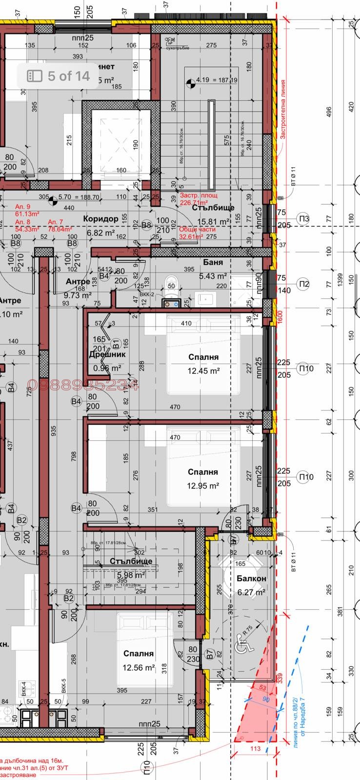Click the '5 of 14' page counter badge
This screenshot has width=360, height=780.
tap(59, 76)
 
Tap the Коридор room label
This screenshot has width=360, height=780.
tap(100, 219)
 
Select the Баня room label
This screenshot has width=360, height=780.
tap(213, 262)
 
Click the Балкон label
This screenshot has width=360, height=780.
tap(251, 579)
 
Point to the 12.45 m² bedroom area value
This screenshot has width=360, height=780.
tap(203, 370)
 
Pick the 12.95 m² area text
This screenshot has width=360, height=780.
tap(202, 486)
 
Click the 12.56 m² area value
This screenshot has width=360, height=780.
tap(139, 667)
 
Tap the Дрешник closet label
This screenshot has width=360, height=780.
tap(107, 354)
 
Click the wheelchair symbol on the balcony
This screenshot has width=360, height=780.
tap(241, 647)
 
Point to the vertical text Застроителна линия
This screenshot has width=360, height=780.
tap(282, 110)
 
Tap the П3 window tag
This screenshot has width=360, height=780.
tap(304, 219)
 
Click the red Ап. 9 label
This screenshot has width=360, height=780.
tap(22, 207)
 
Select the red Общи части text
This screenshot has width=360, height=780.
tap(191, 229)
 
